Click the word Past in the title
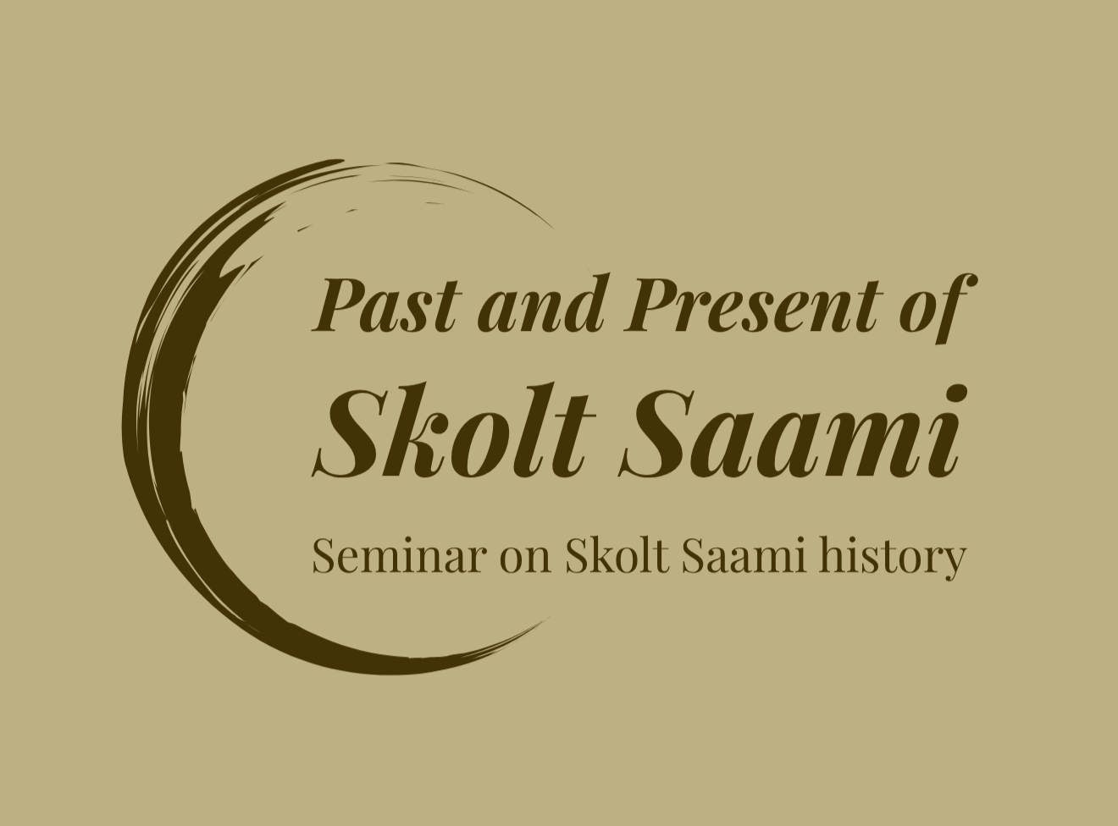point(386,305)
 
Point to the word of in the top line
point(938,309)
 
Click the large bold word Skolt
point(454,430)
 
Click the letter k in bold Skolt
point(413,430)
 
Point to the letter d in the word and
point(589,303)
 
